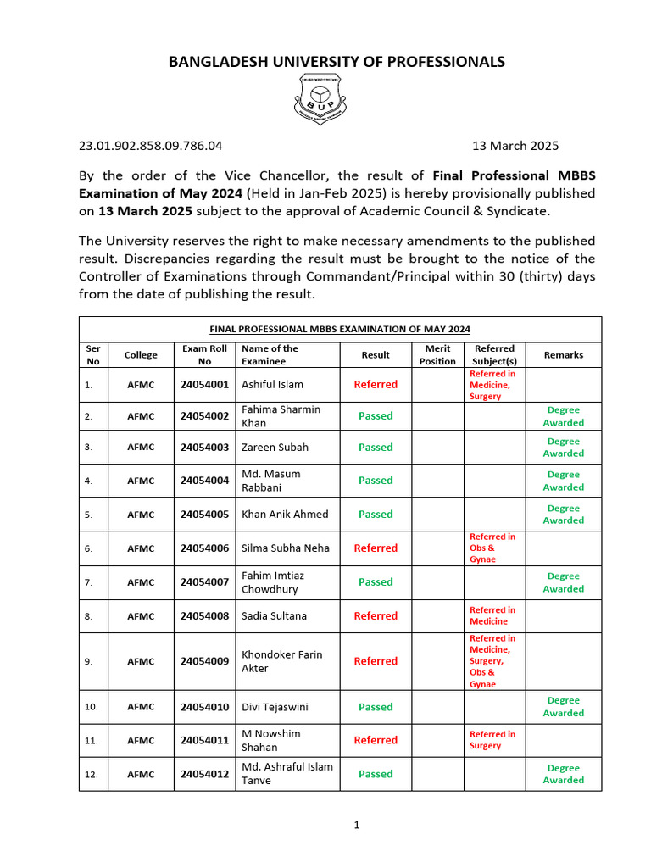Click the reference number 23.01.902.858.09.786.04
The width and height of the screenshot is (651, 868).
click(151, 146)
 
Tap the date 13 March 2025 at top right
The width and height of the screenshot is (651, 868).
click(515, 146)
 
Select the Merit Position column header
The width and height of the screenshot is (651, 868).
click(437, 354)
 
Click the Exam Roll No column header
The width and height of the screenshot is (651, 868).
click(204, 354)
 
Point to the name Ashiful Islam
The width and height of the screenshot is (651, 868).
click(273, 384)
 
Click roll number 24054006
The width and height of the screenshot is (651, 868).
click(204, 548)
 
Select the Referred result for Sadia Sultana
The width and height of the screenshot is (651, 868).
click(376, 616)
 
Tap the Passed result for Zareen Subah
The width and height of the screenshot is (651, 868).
click(376, 447)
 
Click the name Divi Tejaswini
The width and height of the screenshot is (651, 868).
click(275, 707)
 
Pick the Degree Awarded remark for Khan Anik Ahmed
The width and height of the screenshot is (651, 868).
click(564, 514)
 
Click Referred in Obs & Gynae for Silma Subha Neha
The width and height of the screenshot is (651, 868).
click(492, 548)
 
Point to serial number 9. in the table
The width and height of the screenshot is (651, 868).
click(89, 661)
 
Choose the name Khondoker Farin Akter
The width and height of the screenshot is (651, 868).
click(282, 661)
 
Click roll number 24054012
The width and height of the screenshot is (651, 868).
click(204, 774)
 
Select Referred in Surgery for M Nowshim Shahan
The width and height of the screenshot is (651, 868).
click(492, 740)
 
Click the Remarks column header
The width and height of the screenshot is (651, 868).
click(564, 354)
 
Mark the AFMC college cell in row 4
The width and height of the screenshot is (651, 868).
click(141, 481)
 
